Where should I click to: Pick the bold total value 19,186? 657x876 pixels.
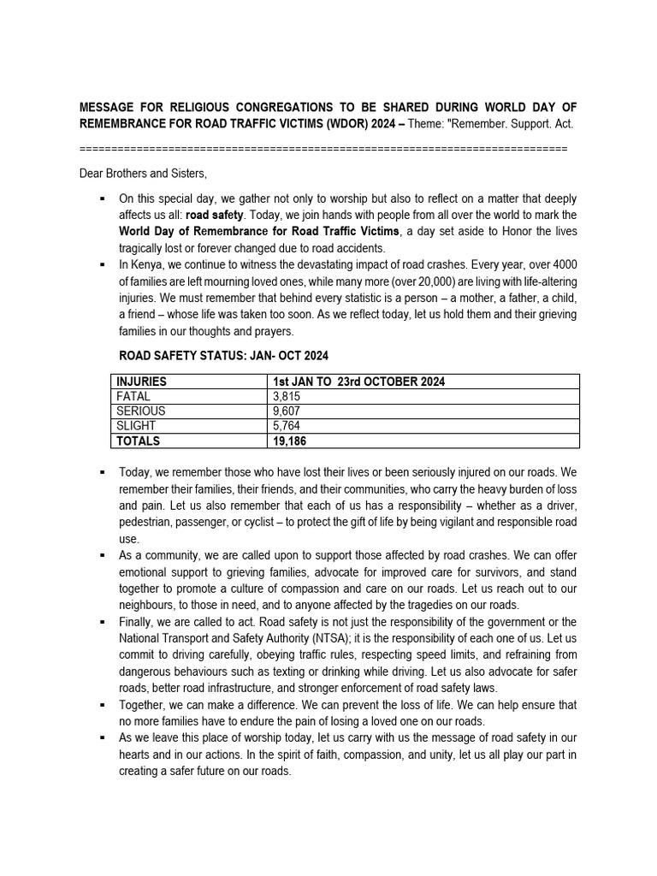pos(289,441)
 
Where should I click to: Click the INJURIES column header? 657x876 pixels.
pos(141,382)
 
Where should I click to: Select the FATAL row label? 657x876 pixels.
pos(133,396)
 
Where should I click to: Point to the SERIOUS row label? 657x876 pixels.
pos(141,411)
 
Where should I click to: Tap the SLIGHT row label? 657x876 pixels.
pos(136,426)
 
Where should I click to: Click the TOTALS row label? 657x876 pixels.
pos(138,441)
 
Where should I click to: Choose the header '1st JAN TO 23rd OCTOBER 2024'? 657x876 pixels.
pos(358,382)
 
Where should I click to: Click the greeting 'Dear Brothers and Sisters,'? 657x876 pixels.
pos(143,174)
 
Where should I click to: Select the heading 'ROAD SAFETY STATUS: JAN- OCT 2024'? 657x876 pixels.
pos(223,355)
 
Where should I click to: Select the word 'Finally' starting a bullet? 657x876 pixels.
pos(137,621)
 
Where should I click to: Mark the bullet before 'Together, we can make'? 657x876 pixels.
pos(103,705)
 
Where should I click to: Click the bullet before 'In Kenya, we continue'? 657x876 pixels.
pos(103,264)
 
